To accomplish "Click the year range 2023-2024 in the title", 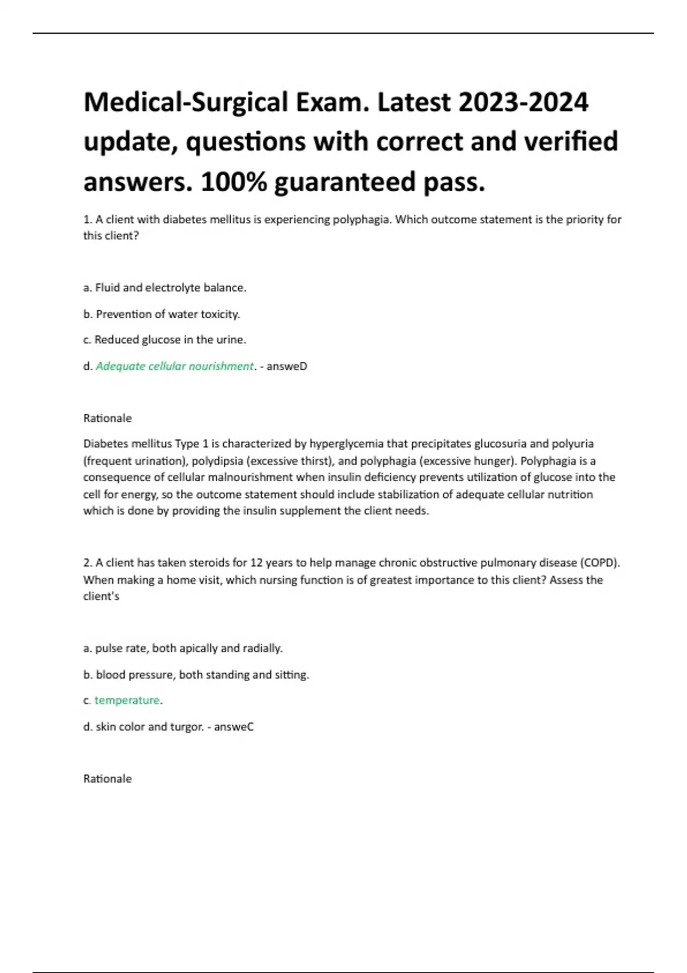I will coord(523,102).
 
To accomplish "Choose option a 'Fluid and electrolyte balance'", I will coord(170,288).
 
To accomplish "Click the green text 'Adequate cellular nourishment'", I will coord(175,366).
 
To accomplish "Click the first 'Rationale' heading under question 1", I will coord(108,418).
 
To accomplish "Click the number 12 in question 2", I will coord(257,563).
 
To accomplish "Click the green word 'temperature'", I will coord(127,701).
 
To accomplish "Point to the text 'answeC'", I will coord(234,727).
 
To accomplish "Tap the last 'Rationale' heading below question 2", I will coord(108,779).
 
